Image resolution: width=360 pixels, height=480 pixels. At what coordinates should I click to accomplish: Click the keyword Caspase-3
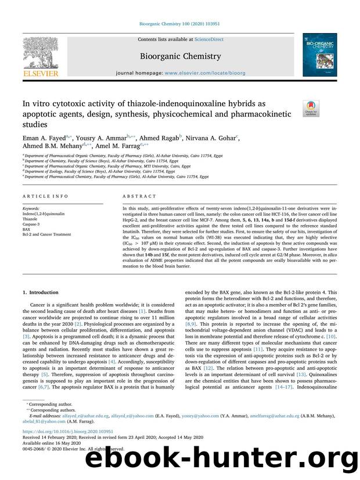pyautogui.click(x=32, y=223)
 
